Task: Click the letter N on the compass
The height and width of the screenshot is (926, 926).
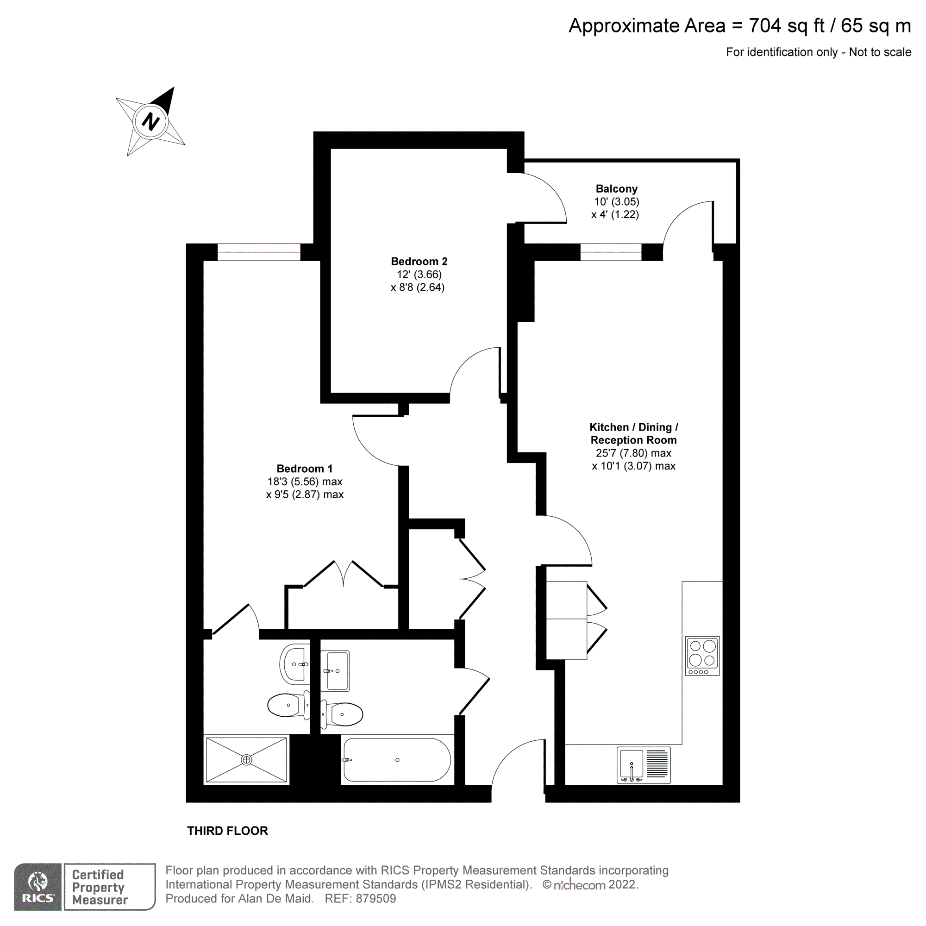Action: point(150,121)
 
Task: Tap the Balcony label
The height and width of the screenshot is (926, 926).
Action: point(616,189)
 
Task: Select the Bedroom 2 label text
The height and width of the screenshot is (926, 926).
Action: point(419,262)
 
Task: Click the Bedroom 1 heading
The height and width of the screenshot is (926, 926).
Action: point(304,469)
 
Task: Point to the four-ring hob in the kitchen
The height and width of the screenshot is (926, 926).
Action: point(702,655)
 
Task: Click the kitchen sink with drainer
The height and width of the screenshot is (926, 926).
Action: point(643,765)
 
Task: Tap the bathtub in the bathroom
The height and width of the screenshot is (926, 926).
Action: point(397,760)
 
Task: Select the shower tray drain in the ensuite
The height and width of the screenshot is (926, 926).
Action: point(246,760)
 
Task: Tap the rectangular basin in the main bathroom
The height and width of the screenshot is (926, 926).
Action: point(335,671)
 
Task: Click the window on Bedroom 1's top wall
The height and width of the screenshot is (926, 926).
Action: point(259,253)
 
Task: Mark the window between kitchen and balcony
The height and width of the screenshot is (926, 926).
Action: point(611,252)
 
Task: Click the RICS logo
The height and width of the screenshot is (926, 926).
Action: point(38,887)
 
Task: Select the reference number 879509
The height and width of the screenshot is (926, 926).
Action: point(376,899)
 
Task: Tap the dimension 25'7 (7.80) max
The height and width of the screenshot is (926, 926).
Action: point(633,453)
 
